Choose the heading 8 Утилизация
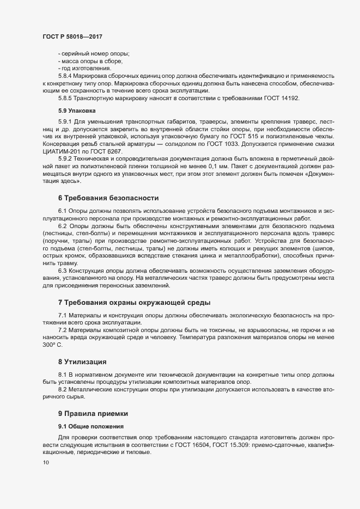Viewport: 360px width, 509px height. tap(82, 361)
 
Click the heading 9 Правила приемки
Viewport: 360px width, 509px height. tap(93, 414)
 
